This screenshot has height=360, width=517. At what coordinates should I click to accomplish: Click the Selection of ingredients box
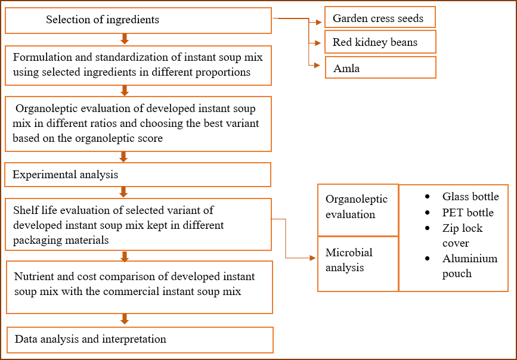coord(138,20)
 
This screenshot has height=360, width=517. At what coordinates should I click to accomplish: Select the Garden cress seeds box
coord(380,17)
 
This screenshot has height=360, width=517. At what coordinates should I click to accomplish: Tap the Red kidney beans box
coord(380,42)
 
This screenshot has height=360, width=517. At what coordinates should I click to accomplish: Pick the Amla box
coord(380,67)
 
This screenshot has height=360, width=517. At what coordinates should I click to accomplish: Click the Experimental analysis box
coord(138,175)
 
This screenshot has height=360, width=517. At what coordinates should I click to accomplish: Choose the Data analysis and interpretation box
coord(140,340)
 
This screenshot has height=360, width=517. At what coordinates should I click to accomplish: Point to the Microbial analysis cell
coord(358,263)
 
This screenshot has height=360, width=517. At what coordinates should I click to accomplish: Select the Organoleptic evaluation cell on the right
coord(358,210)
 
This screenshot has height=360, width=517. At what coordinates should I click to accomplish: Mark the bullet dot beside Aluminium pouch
coord(428,258)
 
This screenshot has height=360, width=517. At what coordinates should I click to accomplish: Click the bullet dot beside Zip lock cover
coord(428,228)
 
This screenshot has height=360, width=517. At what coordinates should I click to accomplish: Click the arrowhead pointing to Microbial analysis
coord(313,258)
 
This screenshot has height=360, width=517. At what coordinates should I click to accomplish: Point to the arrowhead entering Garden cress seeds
coord(318,23)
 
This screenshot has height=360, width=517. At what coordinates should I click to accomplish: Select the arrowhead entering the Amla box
coord(317,66)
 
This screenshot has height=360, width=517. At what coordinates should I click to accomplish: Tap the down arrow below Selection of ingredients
coord(124,39)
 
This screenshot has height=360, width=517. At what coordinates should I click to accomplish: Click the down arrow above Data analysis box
coord(124,319)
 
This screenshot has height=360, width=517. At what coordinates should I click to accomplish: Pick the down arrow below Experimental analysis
coord(123,192)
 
